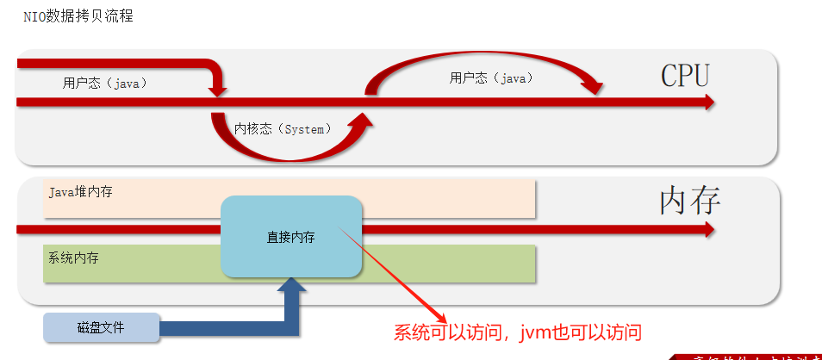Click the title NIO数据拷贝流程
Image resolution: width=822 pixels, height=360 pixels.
pos(78,16)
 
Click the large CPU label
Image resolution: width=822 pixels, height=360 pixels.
pos(685,76)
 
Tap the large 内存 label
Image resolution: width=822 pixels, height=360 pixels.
pos(689,201)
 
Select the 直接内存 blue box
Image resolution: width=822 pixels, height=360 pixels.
pos(291,237)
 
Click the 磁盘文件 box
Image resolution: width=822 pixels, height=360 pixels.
pos(101,328)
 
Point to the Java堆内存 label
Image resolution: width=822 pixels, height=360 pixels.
pos(80,192)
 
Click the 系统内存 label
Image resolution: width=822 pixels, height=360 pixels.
pos(73,258)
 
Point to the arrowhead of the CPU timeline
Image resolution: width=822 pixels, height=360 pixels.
pos(709,102)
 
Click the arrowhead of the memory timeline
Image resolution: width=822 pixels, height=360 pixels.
pos(709,230)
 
